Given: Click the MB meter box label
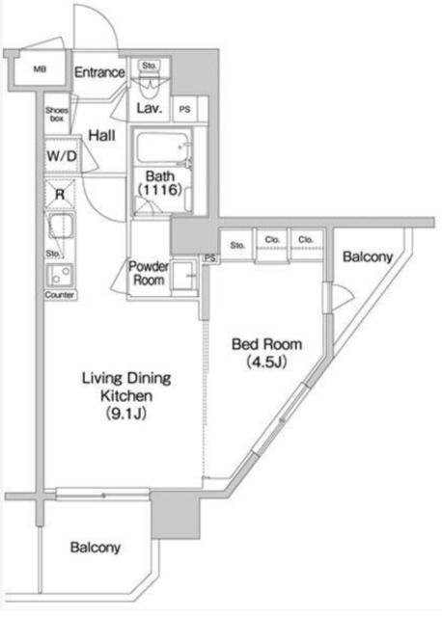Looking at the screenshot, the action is (40, 69).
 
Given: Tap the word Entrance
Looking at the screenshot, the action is (99, 72).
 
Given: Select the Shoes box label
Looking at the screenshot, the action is (57, 114).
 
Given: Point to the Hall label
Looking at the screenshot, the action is (101, 136).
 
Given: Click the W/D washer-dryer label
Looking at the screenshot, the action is (62, 156).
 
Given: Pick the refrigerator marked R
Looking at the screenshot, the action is (60, 194).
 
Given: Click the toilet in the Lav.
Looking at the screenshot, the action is (150, 88).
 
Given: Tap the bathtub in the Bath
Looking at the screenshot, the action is (163, 148).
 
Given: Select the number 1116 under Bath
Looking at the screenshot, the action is (160, 190).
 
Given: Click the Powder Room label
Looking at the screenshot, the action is (149, 274).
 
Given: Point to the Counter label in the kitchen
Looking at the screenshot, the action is (60, 295).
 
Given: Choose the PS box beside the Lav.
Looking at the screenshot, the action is (185, 109).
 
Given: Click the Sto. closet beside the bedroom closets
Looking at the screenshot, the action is (237, 246).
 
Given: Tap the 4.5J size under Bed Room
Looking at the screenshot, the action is (266, 362).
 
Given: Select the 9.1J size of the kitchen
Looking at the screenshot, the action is (126, 414).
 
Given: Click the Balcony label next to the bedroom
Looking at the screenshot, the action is (368, 257).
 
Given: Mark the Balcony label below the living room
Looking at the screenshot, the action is (95, 548).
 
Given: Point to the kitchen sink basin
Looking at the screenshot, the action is (60, 227).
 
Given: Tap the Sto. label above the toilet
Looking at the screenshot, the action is (150, 66).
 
